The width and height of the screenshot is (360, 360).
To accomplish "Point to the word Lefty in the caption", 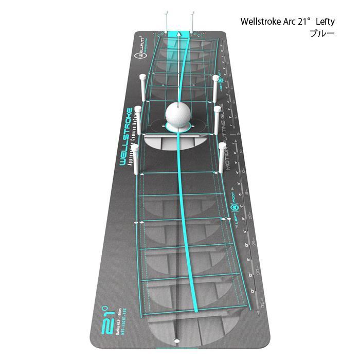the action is pos(325,22).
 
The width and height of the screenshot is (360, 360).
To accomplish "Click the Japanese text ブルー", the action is pos(322,33).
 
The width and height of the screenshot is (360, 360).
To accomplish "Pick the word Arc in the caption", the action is pos(289,22).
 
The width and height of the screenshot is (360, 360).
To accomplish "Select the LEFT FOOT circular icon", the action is pos(234,208).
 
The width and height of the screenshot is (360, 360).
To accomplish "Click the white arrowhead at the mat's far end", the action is pos(178,33).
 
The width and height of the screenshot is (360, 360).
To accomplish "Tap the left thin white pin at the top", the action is pos(165,21).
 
